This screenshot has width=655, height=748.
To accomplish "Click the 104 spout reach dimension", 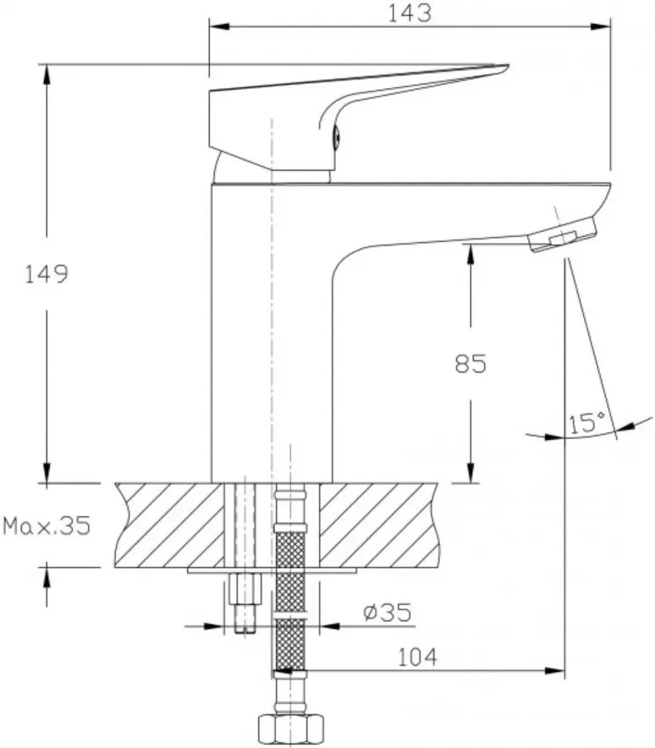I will (x=416, y=656).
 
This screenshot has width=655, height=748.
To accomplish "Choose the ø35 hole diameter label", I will (x=384, y=611).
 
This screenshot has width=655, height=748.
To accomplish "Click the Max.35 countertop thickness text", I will (x=46, y=526).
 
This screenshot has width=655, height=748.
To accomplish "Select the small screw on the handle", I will (x=335, y=135).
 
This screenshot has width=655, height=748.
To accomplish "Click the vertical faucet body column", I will (x=271, y=330).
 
